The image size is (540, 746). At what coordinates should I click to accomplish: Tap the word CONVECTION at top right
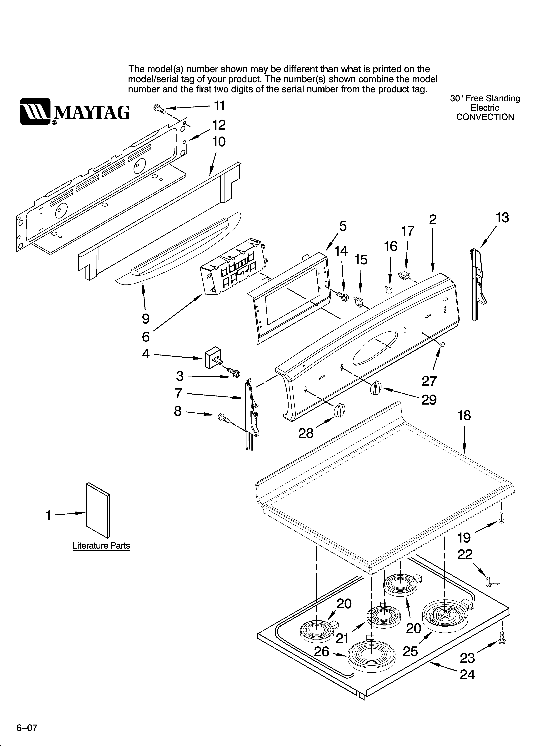coord(485,117)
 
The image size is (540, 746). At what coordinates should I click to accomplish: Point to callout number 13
coord(502,218)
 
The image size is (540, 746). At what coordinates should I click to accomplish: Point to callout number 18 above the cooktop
coord(464,416)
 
